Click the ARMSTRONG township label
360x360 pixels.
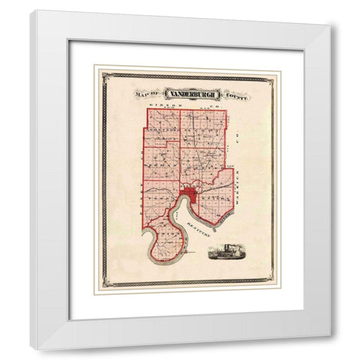click(x=161, y=127)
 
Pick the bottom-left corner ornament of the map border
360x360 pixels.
click(x=106, y=283)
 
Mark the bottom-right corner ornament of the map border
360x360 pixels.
click(x=270, y=283)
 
